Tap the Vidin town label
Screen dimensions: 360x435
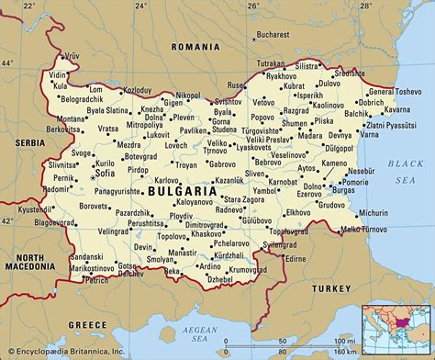pos(59,73)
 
